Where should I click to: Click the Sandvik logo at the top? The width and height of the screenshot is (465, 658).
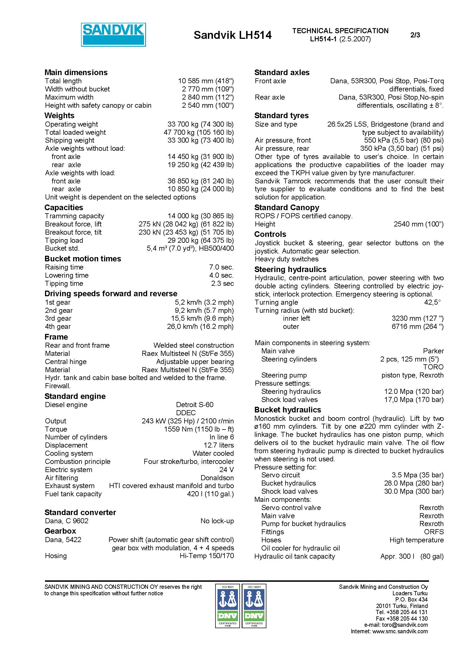point(113,35)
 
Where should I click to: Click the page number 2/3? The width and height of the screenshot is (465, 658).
point(415,35)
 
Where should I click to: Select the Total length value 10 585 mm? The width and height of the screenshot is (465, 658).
point(206,81)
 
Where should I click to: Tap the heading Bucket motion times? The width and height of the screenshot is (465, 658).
point(82,259)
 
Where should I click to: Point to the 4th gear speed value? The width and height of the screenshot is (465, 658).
point(200,326)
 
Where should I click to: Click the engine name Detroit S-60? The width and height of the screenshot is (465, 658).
point(195,405)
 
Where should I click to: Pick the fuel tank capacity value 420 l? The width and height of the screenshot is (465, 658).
point(210,494)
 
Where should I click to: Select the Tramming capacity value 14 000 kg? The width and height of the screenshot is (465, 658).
point(200,216)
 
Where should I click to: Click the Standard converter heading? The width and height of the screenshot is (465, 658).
point(80,512)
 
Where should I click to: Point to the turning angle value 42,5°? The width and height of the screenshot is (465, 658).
point(432,302)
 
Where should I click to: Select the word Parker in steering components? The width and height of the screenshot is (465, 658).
point(433,351)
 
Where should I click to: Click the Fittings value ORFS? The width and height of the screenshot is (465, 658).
point(434,532)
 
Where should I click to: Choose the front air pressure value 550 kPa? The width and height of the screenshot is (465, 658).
point(404,140)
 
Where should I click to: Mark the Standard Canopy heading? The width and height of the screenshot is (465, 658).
point(286,207)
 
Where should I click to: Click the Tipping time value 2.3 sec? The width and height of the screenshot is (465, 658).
point(222,284)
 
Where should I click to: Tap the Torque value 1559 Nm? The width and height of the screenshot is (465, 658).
point(199,429)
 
